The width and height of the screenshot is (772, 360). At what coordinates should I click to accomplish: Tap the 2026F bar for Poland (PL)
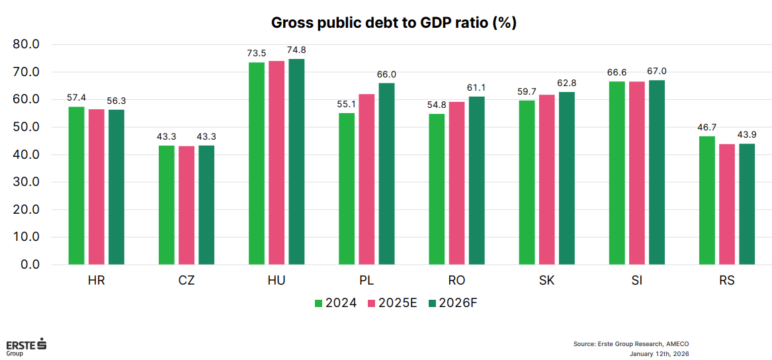pyautogui.click(x=386, y=173)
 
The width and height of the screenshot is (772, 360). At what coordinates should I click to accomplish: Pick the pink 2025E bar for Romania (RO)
pyautogui.click(x=456, y=183)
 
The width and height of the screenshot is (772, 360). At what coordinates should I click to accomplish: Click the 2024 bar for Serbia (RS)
pyautogui.click(x=707, y=200)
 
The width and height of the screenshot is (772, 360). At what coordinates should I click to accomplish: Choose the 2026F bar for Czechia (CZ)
pyautogui.click(x=206, y=204)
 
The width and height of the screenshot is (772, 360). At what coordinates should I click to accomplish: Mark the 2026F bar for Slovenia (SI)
pyautogui.click(x=656, y=172)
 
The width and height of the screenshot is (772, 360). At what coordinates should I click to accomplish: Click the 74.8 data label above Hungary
pyautogui.click(x=296, y=50)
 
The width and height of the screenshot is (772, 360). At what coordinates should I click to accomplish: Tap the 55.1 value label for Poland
pyautogui.click(x=347, y=104)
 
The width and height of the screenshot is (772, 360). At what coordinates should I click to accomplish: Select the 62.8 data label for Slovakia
pyautogui.click(x=566, y=83)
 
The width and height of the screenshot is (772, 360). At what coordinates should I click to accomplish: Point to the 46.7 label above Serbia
pyautogui.click(x=707, y=127)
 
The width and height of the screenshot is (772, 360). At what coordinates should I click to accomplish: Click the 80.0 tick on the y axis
pyautogui.click(x=27, y=44)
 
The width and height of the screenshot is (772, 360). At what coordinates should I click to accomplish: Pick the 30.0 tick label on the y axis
pyautogui.click(x=27, y=182)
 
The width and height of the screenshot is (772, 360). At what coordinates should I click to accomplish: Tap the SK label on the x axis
pyautogui.click(x=546, y=281)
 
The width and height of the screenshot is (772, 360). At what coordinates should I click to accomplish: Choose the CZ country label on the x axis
pyautogui.click(x=187, y=281)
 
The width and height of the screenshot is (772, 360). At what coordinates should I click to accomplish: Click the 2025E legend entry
pyautogui.click(x=392, y=303)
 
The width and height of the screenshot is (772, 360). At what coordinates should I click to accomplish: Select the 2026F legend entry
pyautogui.click(x=452, y=303)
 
